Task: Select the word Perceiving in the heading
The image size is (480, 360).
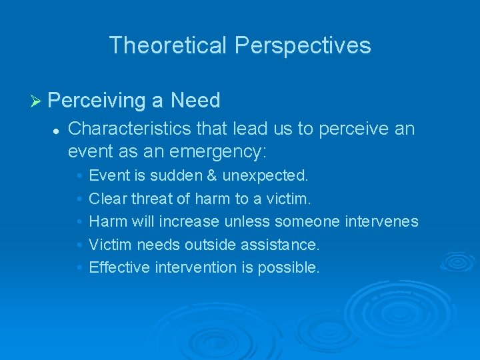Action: [x=97, y=101]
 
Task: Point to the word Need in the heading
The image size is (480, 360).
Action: [x=195, y=101]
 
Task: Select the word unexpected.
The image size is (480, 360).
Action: [x=265, y=176]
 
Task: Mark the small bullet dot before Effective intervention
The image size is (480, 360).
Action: [x=79, y=268]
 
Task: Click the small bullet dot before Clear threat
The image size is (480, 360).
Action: [x=79, y=199]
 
